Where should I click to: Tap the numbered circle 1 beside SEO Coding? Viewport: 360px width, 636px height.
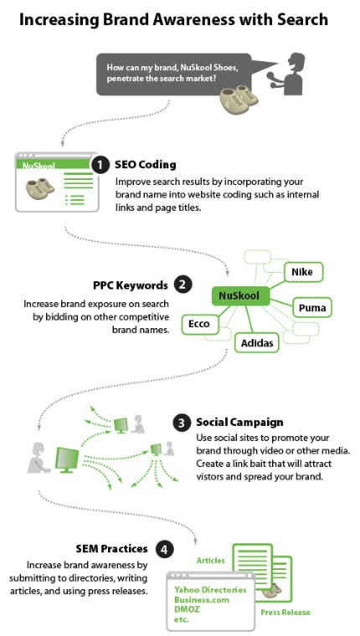click(100, 166)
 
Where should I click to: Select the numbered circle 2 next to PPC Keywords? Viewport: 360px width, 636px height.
click(183, 285)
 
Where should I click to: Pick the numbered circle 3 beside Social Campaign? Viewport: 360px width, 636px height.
click(182, 423)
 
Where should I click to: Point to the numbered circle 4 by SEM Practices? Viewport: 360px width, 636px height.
click(164, 550)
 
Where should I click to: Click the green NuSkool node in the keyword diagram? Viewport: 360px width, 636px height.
click(241, 295)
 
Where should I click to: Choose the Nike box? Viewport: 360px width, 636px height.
click(302, 271)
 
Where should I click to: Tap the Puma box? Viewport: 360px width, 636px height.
click(312, 307)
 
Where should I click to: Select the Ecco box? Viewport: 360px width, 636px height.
click(199, 324)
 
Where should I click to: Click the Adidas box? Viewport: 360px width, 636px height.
click(257, 343)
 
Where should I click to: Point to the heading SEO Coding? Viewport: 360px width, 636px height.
click(146, 165)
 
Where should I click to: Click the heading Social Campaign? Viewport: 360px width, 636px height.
click(239, 423)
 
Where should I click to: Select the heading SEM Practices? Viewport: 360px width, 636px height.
click(111, 549)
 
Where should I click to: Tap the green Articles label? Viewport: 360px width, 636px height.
click(211, 561)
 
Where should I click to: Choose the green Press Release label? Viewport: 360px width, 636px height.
click(285, 613)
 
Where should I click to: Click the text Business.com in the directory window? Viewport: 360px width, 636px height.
click(202, 599)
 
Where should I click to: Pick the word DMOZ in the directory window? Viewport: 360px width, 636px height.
click(187, 609)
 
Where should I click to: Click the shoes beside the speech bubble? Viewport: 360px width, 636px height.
click(239, 98)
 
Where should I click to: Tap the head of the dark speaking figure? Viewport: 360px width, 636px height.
click(296, 62)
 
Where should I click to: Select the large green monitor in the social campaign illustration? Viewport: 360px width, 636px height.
click(67, 459)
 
